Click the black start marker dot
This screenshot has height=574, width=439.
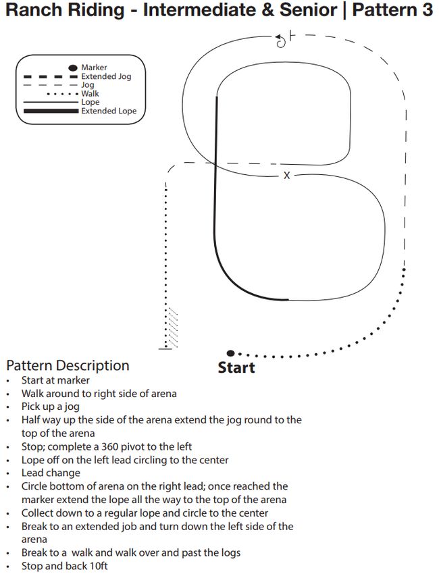click(x=230, y=353)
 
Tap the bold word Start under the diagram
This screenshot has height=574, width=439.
click(x=236, y=368)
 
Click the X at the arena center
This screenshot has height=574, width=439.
click(x=286, y=176)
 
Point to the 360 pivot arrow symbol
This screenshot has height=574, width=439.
click(x=281, y=41)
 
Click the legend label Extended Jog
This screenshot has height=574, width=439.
click(x=106, y=76)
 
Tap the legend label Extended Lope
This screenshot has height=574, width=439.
click(x=109, y=111)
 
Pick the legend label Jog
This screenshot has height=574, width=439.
click(x=88, y=85)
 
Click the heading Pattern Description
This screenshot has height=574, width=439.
click(x=68, y=366)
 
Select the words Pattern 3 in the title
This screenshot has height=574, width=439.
click(x=392, y=11)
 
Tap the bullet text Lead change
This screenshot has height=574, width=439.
click(x=51, y=473)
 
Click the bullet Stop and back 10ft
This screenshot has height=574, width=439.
click(x=65, y=566)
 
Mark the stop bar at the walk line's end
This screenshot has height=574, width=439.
click(x=165, y=348)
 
